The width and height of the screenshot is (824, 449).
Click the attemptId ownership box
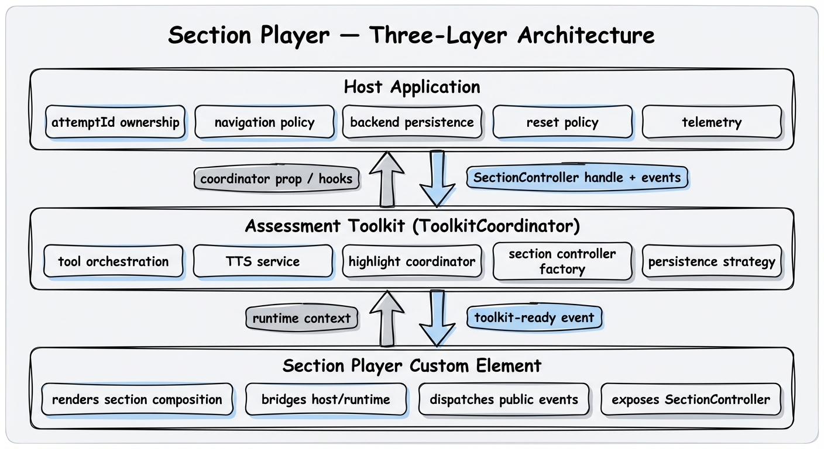coord(115,122)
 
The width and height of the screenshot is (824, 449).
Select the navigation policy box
coord(265,122)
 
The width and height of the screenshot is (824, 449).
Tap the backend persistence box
coord(412,122)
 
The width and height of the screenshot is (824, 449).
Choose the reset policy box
coord(562,122)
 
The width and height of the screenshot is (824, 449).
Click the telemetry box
coord(712,122)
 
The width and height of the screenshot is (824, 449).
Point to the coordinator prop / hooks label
coord(276,179)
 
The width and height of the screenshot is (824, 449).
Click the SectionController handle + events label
coord(577,178)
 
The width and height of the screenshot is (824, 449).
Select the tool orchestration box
coord(114,261)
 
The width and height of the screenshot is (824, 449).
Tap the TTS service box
coord(263,261)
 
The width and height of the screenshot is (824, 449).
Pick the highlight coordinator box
coord(412,261)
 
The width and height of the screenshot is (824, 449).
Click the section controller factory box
coord(562,261)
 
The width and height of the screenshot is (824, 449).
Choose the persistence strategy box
coord(712,261)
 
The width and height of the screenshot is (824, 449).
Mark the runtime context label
coord(301,319)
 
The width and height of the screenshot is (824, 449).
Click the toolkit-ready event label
coord(534,318)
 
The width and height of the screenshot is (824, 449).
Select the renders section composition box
coord(137,400)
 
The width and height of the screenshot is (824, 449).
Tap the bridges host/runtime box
coord(326,400)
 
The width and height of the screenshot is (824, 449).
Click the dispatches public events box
coord(504,400)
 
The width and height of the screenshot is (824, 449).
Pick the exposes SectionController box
coord(691,400)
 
